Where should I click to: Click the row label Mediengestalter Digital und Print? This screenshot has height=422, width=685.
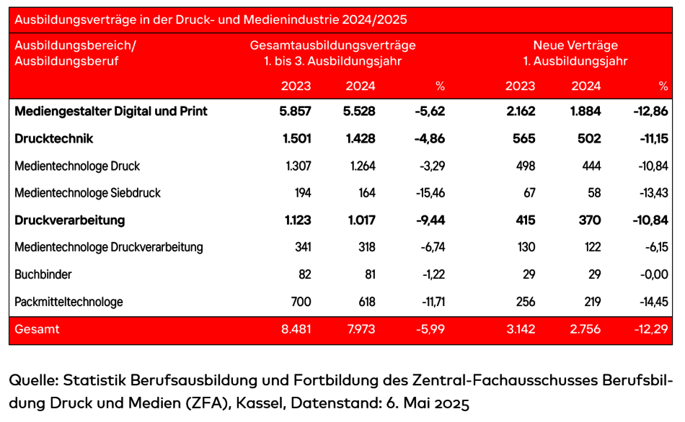[111, 112]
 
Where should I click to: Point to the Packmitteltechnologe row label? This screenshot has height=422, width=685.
[68, 302]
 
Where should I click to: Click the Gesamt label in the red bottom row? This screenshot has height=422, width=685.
[37, 330]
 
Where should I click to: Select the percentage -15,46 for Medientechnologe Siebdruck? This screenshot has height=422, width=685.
[429, 193]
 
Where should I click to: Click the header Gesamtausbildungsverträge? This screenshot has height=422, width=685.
[332, 45]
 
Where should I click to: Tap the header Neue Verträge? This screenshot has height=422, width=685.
[575, 45]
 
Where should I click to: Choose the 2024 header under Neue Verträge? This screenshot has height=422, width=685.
[586, 86]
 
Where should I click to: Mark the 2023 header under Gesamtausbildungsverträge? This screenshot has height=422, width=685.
[296, 86]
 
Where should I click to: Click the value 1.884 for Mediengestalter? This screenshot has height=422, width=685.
[585, 112]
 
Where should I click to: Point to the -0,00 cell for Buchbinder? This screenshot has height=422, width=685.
[653, 274]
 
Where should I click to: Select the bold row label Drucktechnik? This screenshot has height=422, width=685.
[54, 139]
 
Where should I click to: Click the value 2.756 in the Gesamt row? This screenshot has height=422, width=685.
[585, 330]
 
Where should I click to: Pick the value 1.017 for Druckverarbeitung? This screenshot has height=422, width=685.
[360, 220]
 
